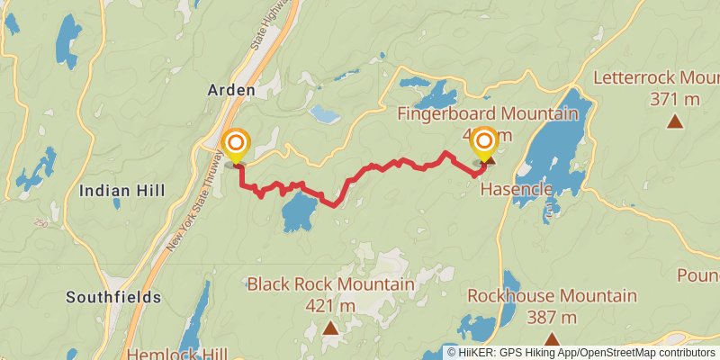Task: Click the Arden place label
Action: pos(231,90)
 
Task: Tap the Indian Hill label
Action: pos(134,190)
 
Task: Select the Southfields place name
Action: pos(113,297)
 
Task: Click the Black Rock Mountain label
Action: pos(330,284)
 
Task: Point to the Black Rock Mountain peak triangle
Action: pos(331,328)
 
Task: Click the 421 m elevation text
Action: pos(331,306)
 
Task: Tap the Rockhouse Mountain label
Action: pos(552,295)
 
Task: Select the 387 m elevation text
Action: pos(552,317)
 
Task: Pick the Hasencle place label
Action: pos(515,189)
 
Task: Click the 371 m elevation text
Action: pos(674,99)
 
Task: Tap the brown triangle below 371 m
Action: pos(674,121)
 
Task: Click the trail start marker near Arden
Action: pos(236,144)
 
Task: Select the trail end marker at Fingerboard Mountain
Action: pos(485,142)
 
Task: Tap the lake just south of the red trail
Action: pos(299,212)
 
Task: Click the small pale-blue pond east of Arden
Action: pos(324,114)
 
